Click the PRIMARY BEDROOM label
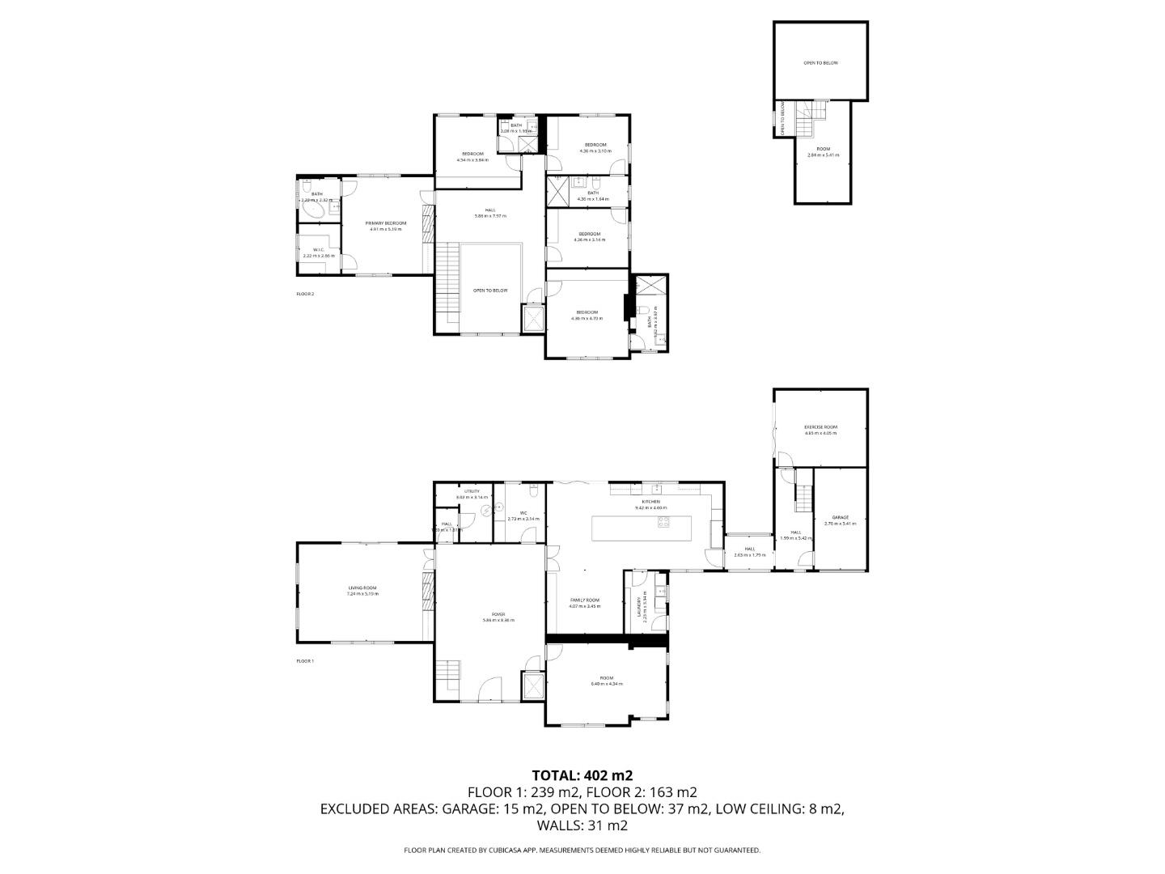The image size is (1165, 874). [x=385, y=223]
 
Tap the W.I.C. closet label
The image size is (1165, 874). [x=318, y=249]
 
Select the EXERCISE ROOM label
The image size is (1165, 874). [x=820, y=426]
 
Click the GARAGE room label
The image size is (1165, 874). [x=841, y=517]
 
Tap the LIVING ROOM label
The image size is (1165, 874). [x=362, y=588]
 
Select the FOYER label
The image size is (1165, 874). [x=498, y=613]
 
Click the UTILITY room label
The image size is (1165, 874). [x=472, y=491]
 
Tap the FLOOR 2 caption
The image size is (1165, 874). [x=305, y=294]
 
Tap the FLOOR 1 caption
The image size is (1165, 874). [x=305, y=661]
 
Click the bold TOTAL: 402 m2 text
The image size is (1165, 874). [x=582, y=774]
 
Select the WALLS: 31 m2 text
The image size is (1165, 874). [x=582, y=825]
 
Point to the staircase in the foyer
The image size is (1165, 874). [x=447, y=672]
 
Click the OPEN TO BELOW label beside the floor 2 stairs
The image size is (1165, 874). [x=490, y=290]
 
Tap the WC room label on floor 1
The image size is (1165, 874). [x=523, y=512]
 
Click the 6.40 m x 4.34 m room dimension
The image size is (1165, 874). [x=607, y=684]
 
